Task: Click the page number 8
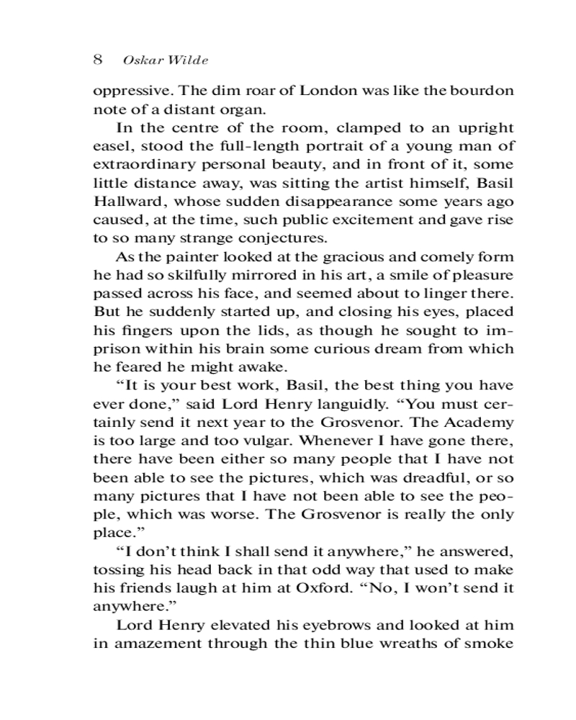click(98, 59)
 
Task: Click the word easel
click(109, 146)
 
